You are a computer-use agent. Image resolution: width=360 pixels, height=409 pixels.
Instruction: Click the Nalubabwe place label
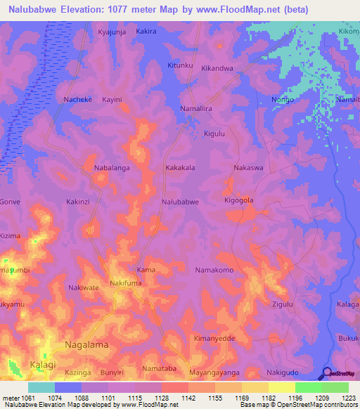point(181,202)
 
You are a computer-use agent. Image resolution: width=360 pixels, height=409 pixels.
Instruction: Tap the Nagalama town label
point(89,345)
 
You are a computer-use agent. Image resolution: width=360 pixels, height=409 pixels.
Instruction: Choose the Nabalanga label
point(114,168)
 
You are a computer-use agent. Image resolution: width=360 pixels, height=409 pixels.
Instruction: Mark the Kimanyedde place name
point(216,338)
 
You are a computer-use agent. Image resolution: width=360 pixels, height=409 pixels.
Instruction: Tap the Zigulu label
point(282,304)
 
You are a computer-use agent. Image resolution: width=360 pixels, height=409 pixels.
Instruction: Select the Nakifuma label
point(127,283)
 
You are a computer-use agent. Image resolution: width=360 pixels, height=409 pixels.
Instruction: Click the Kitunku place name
point(180,65)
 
